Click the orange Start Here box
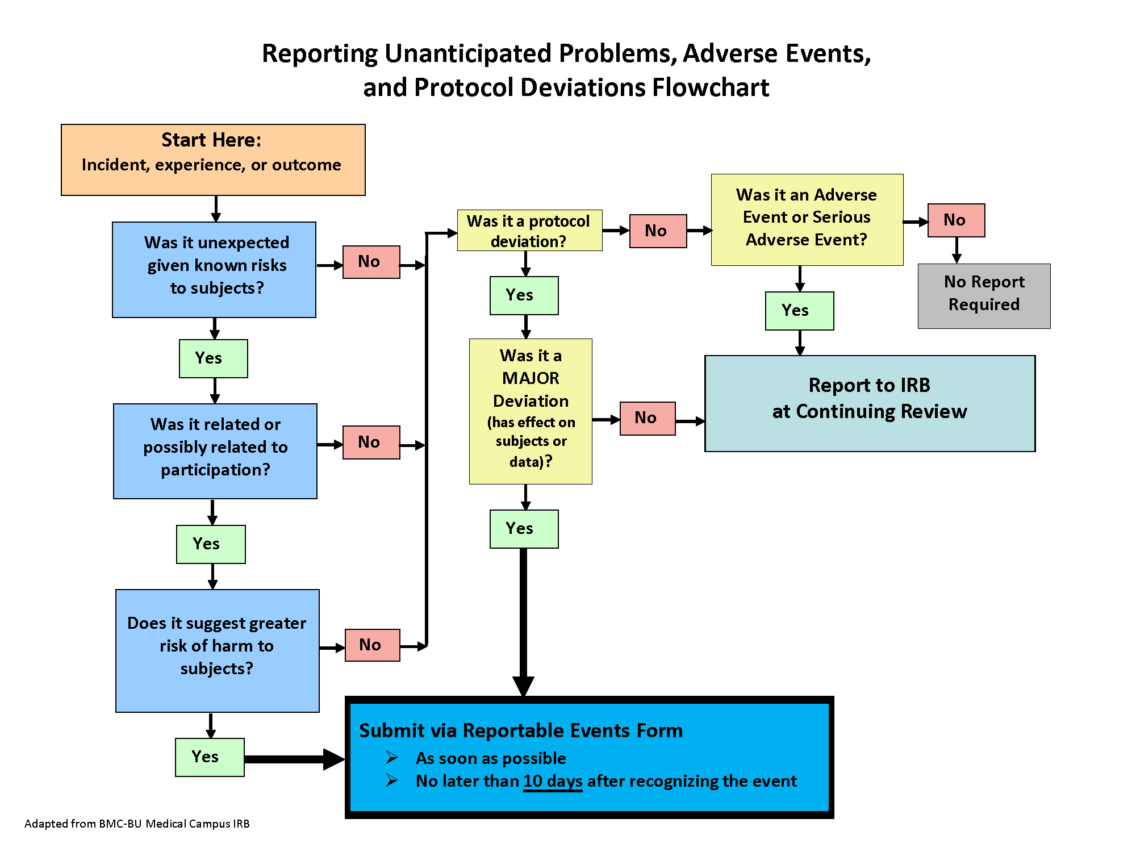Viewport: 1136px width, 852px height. tap(213, 160)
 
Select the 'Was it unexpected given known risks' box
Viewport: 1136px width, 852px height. tap(214, 269)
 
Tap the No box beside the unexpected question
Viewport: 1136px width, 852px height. tap(371, 262)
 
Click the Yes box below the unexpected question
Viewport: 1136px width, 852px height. tap(213, 358)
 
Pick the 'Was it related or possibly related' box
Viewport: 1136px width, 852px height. tap(215, 451)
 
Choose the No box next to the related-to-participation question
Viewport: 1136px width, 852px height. tap(371, 442)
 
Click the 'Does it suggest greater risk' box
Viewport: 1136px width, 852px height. tap(217, 650)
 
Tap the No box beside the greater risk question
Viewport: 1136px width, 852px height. tap(372, 645)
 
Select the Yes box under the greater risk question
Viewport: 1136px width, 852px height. tap(210, 757)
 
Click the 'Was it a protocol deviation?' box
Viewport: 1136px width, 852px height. tap(529, 231)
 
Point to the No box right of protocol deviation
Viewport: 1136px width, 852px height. tap(658, 231)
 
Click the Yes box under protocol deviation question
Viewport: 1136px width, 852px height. tap(524, 295)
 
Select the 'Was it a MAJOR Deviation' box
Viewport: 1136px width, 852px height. tap(531, 411)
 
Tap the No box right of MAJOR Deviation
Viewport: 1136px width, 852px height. tap(648, 418)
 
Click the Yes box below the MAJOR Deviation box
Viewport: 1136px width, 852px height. tap(524, 529)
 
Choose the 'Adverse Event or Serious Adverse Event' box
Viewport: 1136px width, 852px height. tap(807, 219)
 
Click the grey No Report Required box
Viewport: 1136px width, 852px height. tap(984, 296)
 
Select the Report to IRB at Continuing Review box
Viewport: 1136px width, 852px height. tap(870, 403)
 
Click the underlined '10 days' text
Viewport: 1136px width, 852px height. tap(553, 782)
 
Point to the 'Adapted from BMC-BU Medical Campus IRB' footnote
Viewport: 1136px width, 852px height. tap(137, 824)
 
